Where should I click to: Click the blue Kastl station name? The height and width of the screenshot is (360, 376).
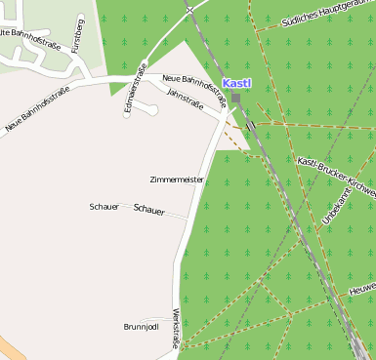[x=236, y=84]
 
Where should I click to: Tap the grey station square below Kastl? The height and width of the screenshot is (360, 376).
[x=235, y=99]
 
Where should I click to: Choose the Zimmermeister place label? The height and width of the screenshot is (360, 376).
[x=177, y=180]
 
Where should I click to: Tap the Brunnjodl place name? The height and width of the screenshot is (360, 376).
[x=141, y=326]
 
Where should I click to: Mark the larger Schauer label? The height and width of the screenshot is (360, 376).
[x=148, y=210]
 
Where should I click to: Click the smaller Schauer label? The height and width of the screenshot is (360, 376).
[x=104, y=207]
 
